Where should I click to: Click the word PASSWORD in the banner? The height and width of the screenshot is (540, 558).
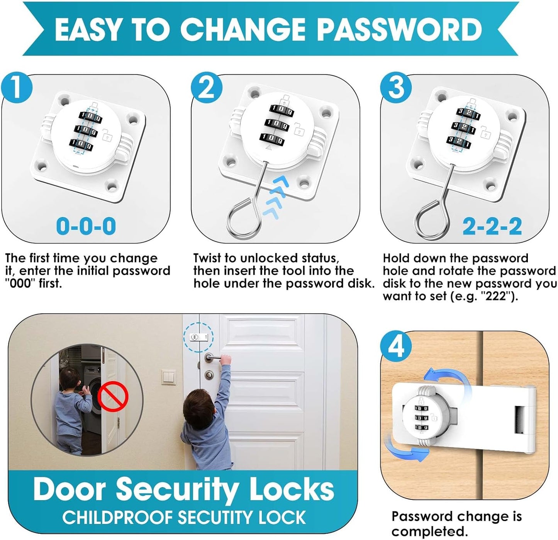coord(399,29)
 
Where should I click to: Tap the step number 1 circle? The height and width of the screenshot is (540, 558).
coord(16,88)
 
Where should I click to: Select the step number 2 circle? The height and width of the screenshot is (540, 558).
coord(207,88)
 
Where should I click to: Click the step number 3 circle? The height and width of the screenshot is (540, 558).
coord(396,88)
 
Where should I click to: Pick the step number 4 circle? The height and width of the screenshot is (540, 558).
coord(396,346)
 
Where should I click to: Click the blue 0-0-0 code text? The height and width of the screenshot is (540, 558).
coord(86,226)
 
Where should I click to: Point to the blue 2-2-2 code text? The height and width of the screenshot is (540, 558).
coord(492,226)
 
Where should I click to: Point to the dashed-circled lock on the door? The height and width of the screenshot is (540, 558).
coord(198,337)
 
